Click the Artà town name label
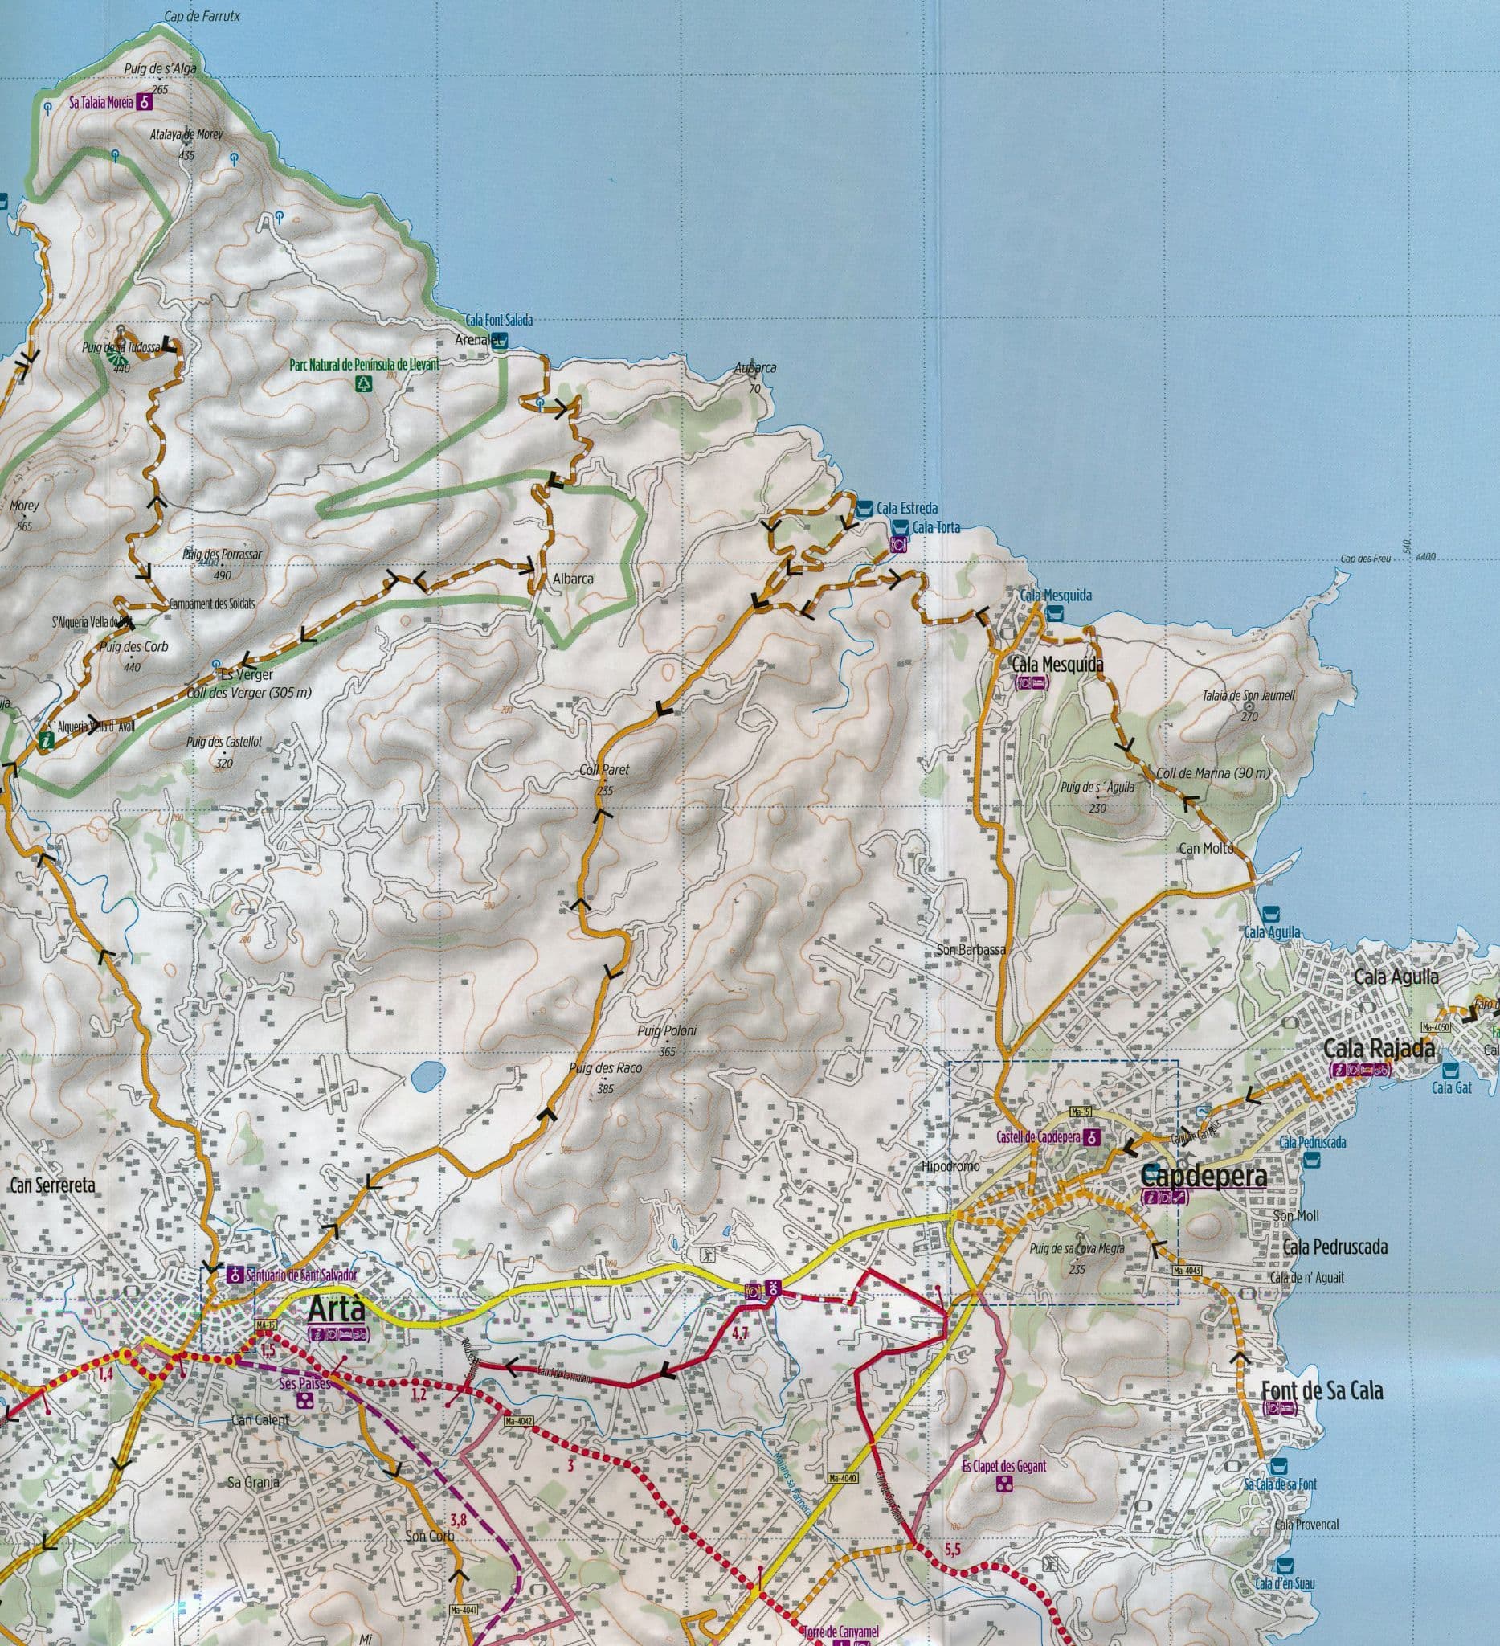(337, 1310)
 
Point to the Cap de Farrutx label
(202, 15)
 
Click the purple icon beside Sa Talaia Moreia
(145, 104)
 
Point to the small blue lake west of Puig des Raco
(427, 1077)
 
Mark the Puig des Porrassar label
(222, 555)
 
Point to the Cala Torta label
(936, 527)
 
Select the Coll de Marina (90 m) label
(1212, 772)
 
